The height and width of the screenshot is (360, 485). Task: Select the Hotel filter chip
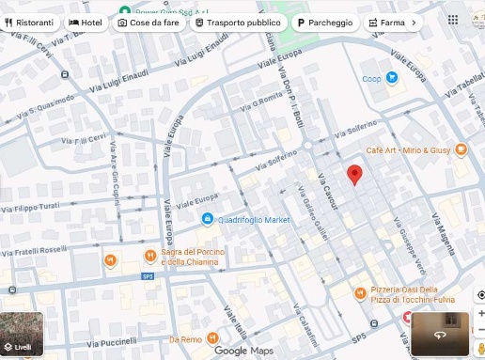tap(86, 22)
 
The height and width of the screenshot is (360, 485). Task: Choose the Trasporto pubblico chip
tap(237, 22)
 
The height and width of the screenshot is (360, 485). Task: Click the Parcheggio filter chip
tap(325, 22)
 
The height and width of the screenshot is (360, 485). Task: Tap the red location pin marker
tap(354, 175)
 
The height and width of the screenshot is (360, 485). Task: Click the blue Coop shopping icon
tap(393, 79)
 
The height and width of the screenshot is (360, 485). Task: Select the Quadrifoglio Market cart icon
tap(207, 219)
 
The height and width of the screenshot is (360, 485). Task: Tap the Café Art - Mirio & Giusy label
tap(408, 149)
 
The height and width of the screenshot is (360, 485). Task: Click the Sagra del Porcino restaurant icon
tap(150, 256)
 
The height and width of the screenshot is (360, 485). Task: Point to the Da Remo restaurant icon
tap(212, 338)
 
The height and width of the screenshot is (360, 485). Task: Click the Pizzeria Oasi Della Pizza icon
tap(360, 293)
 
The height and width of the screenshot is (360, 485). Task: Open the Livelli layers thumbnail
tap(22, 334)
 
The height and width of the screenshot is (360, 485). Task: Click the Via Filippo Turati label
tap(37, 206)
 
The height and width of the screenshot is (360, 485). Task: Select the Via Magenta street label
tap(443, 233)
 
